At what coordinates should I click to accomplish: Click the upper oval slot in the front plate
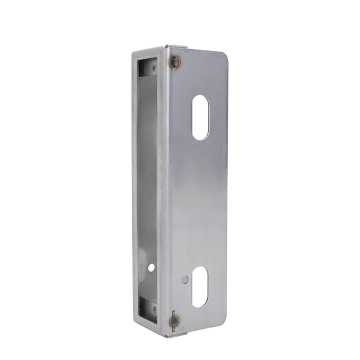click(201, 118)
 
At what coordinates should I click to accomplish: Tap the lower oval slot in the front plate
click(200, 286)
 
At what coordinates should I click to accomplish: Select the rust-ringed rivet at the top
click(175, 61)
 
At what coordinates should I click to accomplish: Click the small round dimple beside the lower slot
click(185, 279)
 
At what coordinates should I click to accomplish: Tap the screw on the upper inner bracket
click(155, 69)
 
